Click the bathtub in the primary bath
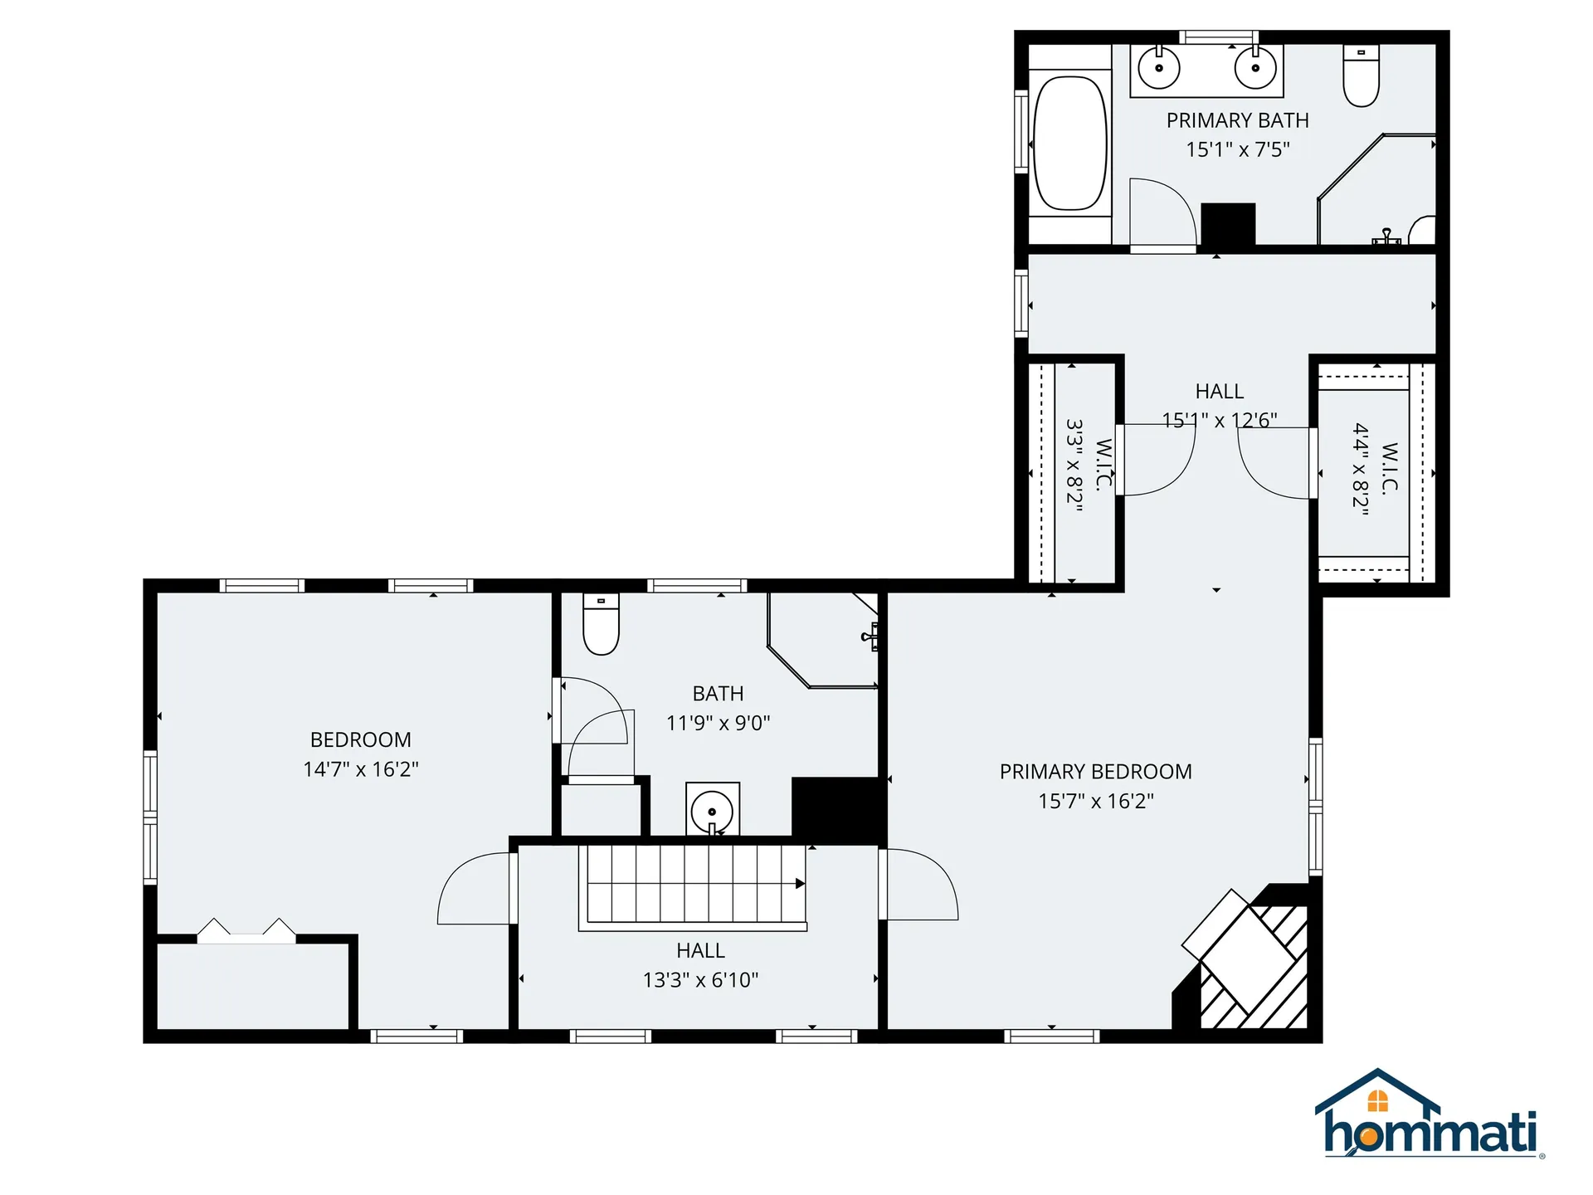pyautogui.click(x=1070, y=144)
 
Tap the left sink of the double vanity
pyautogui.click(x=1159, y=67)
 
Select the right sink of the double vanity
pyautogui.click(x=1255, y=67)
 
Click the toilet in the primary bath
pyautogui.click(x=1362, y=76)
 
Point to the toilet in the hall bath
pyautogui.click(x=602, y=624)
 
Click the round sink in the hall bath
pyautogui.click(x=712, y=811)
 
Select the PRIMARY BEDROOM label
pyautogui.click(x=1095, y=772)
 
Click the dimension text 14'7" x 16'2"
pyautogui.click(x=361, y=769)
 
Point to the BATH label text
pyautogui.click(x=718, y=694)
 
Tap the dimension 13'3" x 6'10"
pyautogui.click(x=700, y=980)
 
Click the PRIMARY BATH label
pyautogui.click(x=1237, y=121)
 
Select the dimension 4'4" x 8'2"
pyautogui.click(x=1360, y=470)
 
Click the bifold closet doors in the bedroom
pyautogui.click(x=246, y=930)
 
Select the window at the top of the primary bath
pyautogui.click(x=1219, y=37)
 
